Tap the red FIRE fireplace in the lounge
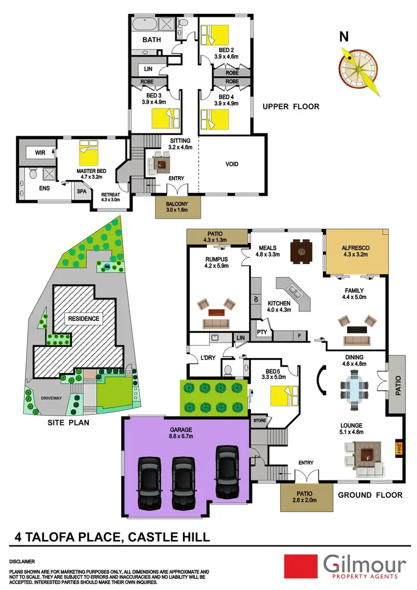(398, 447)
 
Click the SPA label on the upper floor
(81, 191)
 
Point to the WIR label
(39, 151)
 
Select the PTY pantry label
(262, 332)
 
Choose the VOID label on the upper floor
(231, 165)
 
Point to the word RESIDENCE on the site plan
(84, 319)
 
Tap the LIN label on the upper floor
(148, 69)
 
